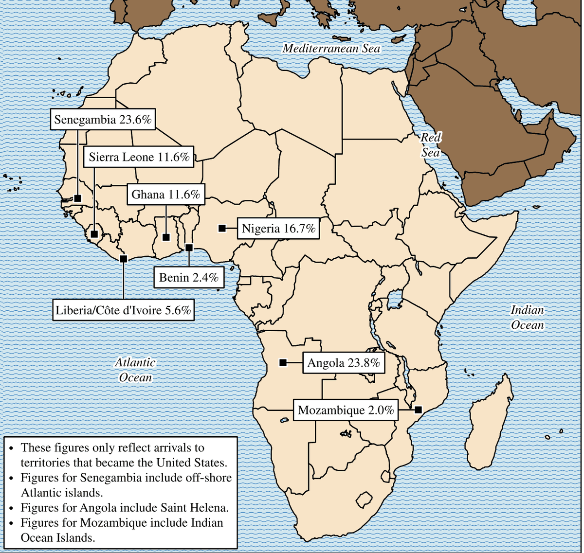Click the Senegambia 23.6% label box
point(103,120)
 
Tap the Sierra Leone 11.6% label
point(139,157)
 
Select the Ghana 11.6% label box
point(166,195)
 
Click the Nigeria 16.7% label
point(278,228)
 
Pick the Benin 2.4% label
point(189,278)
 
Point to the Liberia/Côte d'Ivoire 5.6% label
point(123,310)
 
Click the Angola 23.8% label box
point(344,363)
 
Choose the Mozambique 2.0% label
point(346,410)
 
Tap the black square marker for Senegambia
point(78,198)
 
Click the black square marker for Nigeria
point(222,228)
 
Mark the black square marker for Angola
point(283,362)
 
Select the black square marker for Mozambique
point(418,410)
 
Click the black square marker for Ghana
point(166,237)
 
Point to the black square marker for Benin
point(189,248)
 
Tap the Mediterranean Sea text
point(331,48)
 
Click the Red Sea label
point(430,145)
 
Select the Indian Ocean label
point(527,317)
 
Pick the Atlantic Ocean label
point(135,370)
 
